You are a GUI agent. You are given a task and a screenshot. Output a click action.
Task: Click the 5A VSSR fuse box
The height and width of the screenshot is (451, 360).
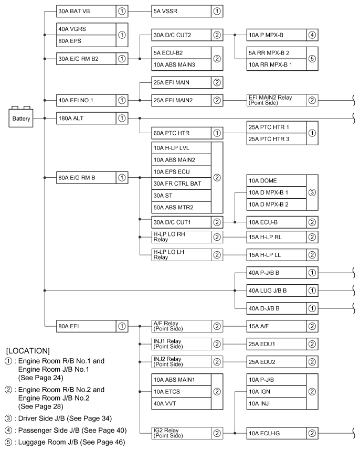[x=178, y=10]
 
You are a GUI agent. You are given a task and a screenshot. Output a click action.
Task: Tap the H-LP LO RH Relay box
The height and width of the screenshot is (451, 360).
[x=178, y=237]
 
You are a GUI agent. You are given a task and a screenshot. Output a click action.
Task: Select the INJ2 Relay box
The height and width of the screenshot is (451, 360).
[x=178, y=362]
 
